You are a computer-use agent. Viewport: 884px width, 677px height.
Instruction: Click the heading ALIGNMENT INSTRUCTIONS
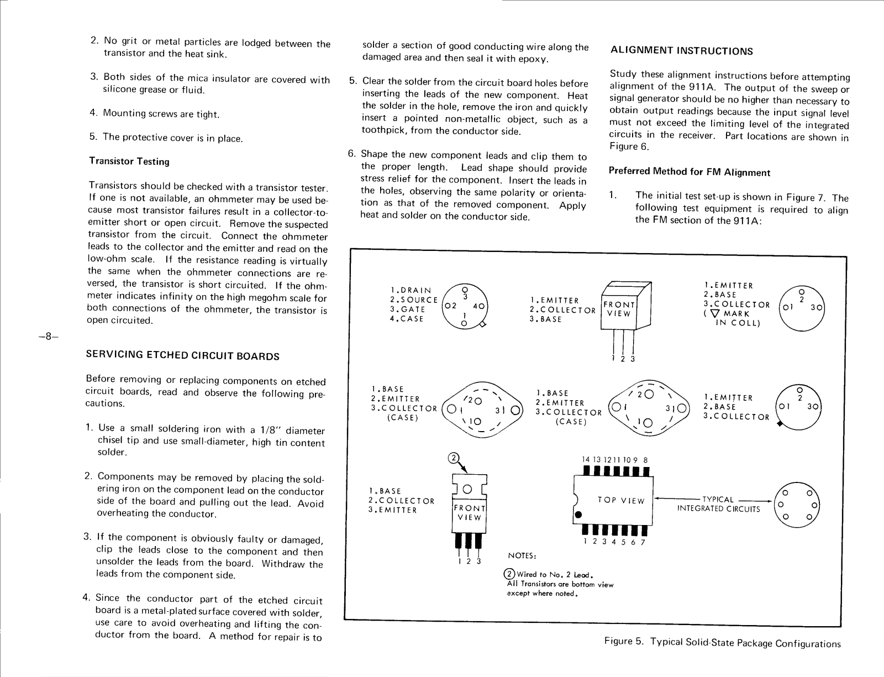coord(682,51)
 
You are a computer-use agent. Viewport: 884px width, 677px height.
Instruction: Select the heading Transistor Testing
coord(129,161)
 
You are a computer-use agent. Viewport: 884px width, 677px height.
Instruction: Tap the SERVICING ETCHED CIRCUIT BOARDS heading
coord(183,355)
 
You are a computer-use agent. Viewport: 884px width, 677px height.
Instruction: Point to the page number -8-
coord(49,336)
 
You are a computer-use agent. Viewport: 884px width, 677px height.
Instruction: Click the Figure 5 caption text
coord(722,643)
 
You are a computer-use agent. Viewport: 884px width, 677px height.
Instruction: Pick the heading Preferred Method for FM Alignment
coord(689,172)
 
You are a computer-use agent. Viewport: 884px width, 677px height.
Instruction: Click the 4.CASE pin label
coord(407,319)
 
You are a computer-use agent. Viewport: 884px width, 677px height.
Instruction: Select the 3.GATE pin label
coord(407,309)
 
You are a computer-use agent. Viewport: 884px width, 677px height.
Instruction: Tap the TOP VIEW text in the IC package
coord(621,501)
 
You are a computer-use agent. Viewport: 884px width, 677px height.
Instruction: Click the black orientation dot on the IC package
coord(578,515)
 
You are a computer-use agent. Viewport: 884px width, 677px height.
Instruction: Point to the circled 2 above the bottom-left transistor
coord(453,458)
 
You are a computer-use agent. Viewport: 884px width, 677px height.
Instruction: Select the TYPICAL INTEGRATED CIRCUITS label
coord(718,504)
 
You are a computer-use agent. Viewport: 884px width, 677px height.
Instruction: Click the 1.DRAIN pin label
coord(411,290)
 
